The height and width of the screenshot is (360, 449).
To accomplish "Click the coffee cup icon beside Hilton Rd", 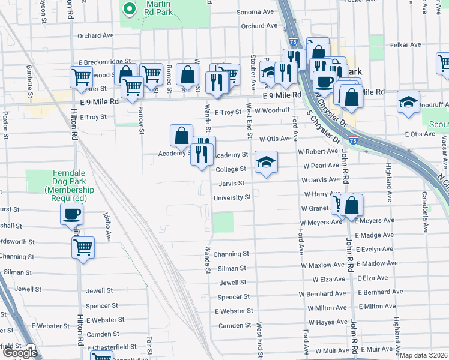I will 72,214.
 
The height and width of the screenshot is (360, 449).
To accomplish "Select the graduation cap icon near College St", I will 266,162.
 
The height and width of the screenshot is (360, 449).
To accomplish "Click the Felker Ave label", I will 406,45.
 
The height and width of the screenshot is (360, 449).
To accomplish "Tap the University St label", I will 232,197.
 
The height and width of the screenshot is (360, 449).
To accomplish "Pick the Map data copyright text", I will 424,355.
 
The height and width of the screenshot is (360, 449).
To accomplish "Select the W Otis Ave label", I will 275,139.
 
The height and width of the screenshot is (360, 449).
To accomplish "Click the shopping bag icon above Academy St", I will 181,136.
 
